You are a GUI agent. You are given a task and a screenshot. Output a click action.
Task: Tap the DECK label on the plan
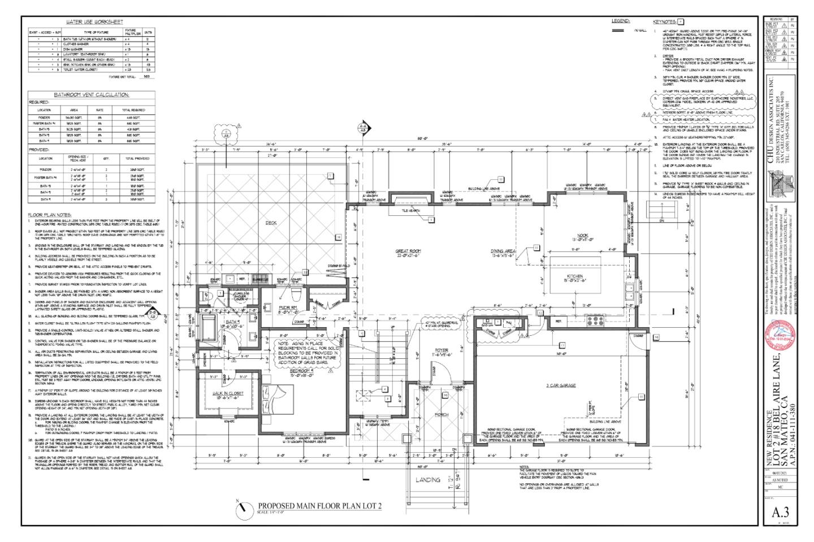(x=271, y=223)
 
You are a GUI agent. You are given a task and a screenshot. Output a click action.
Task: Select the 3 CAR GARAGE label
(x=561, y=385)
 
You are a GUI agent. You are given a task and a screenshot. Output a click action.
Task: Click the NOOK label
(x=582, y=237)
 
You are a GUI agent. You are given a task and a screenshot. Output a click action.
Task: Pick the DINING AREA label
(x=503, y=252)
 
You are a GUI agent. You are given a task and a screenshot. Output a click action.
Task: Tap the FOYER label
(x=441, y=350)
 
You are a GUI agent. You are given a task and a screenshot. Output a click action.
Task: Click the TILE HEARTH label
(x=410, y=211)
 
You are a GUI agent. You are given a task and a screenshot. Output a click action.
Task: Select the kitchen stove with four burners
(x=596, y=322)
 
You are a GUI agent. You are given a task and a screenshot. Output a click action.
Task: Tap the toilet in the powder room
(x=296, y=294)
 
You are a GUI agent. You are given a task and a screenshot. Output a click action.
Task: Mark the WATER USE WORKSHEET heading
(x=94, y=22)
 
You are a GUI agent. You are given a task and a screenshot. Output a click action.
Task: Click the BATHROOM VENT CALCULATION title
(x=91, y=95)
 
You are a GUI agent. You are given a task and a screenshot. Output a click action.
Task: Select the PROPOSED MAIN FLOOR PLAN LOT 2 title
(x=319, y=506)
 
